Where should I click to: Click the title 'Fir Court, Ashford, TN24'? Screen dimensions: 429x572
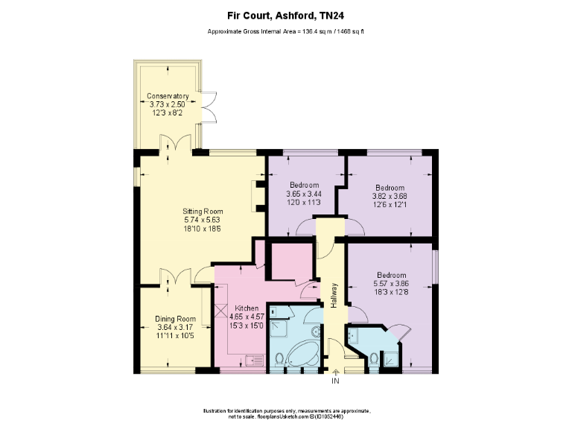pos(286,14)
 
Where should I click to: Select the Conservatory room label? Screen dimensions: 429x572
pos(167,97)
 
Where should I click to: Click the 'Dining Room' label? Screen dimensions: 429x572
pos(175,319)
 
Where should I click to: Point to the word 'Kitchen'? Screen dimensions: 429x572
pos(247,308)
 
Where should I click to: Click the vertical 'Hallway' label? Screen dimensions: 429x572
pos(334,295)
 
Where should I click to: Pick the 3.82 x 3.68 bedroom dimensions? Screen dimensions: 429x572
pos(390,196)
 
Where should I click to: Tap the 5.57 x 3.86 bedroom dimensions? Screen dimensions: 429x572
pos(391,284)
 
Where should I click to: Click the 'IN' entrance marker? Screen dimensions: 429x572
pos(334,381)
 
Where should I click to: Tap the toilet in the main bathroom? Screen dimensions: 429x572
pos(279,359)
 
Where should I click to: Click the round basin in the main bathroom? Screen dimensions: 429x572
pos(315,333)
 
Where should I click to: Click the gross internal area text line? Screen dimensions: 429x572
pos(286,31)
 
